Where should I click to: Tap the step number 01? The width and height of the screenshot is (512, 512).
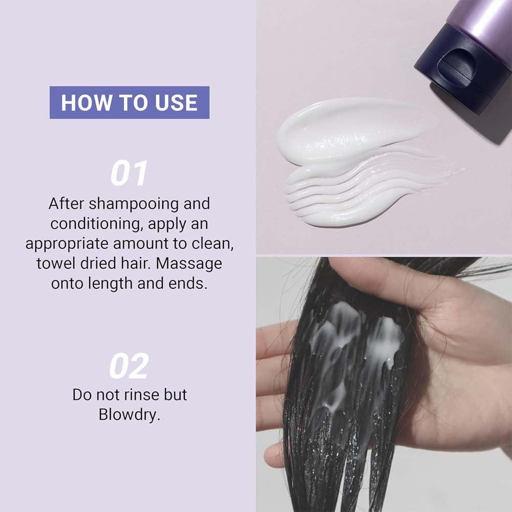click(129, 174)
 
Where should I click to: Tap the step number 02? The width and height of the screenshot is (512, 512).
click(129, 366)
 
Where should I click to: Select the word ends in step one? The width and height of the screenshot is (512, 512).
click(188, 284)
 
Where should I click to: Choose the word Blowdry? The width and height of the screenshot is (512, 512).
click(130, 415)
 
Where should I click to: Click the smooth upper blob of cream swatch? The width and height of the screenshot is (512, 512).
click(353, 131)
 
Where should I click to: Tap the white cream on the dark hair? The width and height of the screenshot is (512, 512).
click(356, 343)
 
